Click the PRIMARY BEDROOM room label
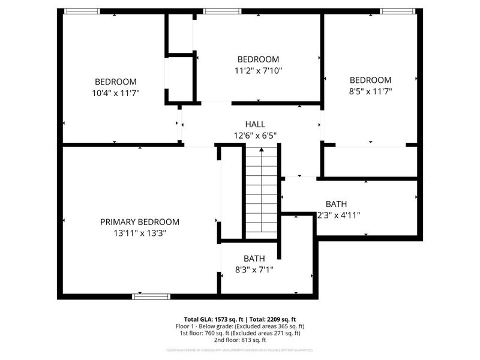[139, 222]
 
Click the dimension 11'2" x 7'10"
[258, 70]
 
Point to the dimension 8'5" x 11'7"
[370, 91]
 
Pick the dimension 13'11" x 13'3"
[139, 233]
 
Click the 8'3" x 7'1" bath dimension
[254, 269]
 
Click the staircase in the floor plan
[262, 192]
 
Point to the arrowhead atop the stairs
[262, 149]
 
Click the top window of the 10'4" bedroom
[82, 11]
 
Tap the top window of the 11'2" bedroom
[222, 11]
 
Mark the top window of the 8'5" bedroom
[397, 11]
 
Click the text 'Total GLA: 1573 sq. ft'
[212, 319]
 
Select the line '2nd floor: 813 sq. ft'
[240, 340]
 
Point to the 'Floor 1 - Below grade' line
[240, 326]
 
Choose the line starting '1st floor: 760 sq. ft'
[240, 333]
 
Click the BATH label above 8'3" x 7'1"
[254, 259]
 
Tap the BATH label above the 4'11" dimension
[336, 204]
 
